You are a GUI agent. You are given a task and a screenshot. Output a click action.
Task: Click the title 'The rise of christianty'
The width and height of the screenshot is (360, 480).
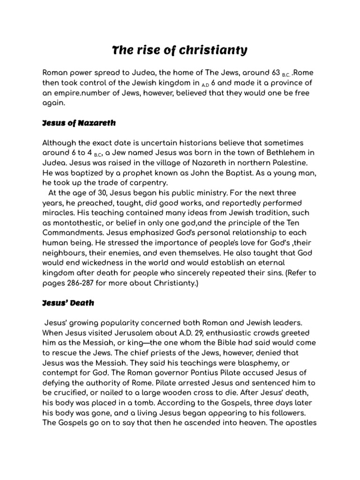coord(180,50)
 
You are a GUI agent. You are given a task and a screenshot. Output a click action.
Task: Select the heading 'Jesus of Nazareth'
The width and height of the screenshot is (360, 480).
coord(79,123)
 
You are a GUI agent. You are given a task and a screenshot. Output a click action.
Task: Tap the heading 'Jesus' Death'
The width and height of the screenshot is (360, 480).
coord(68,302)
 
